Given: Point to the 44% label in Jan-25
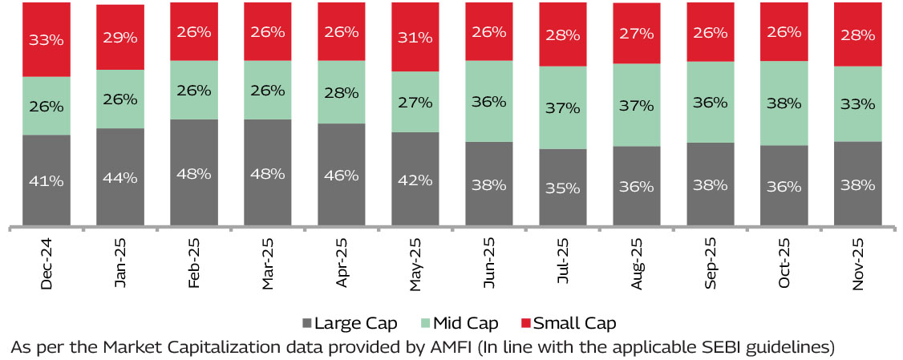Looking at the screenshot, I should (x=120, y=177).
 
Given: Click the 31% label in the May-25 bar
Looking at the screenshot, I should (x=415, y=37).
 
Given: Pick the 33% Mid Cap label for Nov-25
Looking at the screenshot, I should (x=858, y=103).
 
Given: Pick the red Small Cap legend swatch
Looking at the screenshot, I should (x=526, y=324).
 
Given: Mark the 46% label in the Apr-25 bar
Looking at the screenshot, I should (x=342, y=176).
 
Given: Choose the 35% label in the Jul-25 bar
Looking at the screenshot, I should (x=563, y=188).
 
